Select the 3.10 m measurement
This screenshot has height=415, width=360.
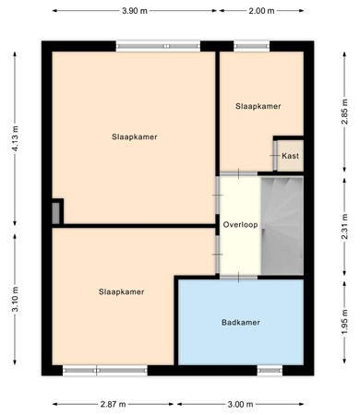pos(16,301)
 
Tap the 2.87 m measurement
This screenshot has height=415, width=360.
pos(114,404)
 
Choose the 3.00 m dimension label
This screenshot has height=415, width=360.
pos(243,404)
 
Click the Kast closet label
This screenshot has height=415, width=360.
pos(290,156)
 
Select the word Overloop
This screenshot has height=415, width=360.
pos(239,225)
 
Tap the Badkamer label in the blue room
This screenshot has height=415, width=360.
pos(240,322)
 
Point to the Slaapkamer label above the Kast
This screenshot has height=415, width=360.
pos(258,106)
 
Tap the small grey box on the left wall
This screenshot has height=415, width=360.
pos(57,212)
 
